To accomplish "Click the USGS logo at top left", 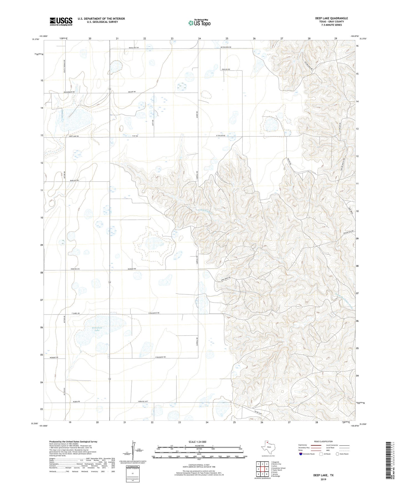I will coord(61,21).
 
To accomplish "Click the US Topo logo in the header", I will coord(199,23).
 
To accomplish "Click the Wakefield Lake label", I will coord(97,329).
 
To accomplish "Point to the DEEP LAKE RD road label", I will coord(74,136).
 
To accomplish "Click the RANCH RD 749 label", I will coord(133,48).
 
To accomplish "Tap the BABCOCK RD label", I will coord(74,181).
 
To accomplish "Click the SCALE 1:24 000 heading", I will coord(198,442).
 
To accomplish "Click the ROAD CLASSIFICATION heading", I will coord(323,441).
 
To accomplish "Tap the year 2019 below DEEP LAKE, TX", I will coord(323,479).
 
